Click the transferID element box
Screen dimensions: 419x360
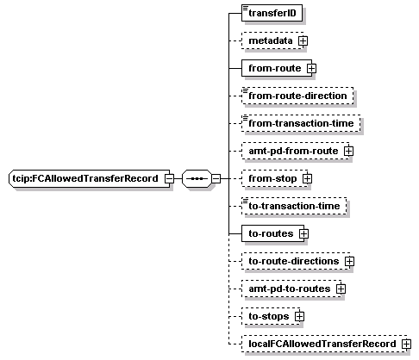coord(272,13)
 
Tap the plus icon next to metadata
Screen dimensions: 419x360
coord(303,40)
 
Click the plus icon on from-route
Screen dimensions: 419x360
coord(311,68)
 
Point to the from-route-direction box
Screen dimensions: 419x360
coord(297,96)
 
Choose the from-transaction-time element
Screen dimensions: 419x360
coord(301,123)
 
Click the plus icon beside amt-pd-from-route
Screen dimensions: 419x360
coord(348,151)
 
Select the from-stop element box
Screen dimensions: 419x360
coord(275,178)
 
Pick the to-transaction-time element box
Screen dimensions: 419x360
coord(294,206)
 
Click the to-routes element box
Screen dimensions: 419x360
coord(273,233)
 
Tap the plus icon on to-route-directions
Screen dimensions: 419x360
coord(349,261)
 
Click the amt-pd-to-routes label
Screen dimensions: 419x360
coord(290,289)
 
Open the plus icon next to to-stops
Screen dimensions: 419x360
coord(299,316)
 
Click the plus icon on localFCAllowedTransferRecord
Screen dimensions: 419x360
coord(406,344)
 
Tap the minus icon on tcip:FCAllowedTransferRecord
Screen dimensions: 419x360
coord(169,178)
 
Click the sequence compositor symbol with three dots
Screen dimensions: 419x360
coord(197,178)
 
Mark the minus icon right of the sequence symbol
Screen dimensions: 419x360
coord(216,178)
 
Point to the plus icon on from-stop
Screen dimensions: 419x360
coord(307,178)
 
